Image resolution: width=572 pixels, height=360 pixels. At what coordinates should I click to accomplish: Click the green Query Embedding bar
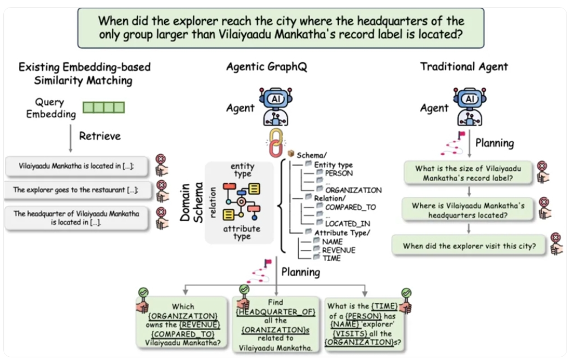(x=104, y=107)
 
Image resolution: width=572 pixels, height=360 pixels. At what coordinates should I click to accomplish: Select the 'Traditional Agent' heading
(x=464, y=67)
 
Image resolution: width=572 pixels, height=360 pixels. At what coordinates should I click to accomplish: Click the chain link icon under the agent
(x=275, y=139)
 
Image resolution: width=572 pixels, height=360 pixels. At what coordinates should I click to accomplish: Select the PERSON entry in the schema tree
(x=339, y=174)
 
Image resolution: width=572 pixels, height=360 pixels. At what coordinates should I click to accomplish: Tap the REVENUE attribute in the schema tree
(x=339, y=250)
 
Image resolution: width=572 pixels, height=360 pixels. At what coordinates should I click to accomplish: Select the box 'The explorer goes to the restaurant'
(x=76, y=190)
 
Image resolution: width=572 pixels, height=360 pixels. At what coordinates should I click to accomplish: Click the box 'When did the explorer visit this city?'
(x=469, y=246)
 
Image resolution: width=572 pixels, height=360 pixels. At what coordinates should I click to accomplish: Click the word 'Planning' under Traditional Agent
(x=494, y=143)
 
